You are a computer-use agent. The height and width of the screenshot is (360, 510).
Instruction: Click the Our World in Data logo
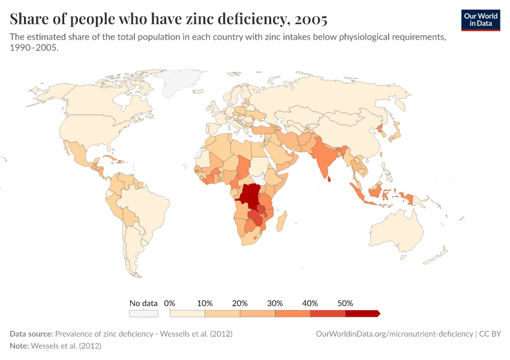(481, 20)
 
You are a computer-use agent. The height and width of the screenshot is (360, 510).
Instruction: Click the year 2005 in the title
(307, 19)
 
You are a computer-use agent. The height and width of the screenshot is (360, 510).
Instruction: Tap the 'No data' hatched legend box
(144, 313)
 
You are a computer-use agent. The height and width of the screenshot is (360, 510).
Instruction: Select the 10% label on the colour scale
(205, 303)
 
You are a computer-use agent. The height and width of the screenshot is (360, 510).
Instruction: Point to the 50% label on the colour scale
(346, 303)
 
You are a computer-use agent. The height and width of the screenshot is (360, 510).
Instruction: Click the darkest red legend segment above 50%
(362, 313)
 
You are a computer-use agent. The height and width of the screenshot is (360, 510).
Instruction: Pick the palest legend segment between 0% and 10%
(187, 313)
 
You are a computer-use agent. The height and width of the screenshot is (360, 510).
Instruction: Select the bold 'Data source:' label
(31, 334)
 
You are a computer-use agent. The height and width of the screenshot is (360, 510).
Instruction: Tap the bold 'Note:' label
(20, 346)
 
